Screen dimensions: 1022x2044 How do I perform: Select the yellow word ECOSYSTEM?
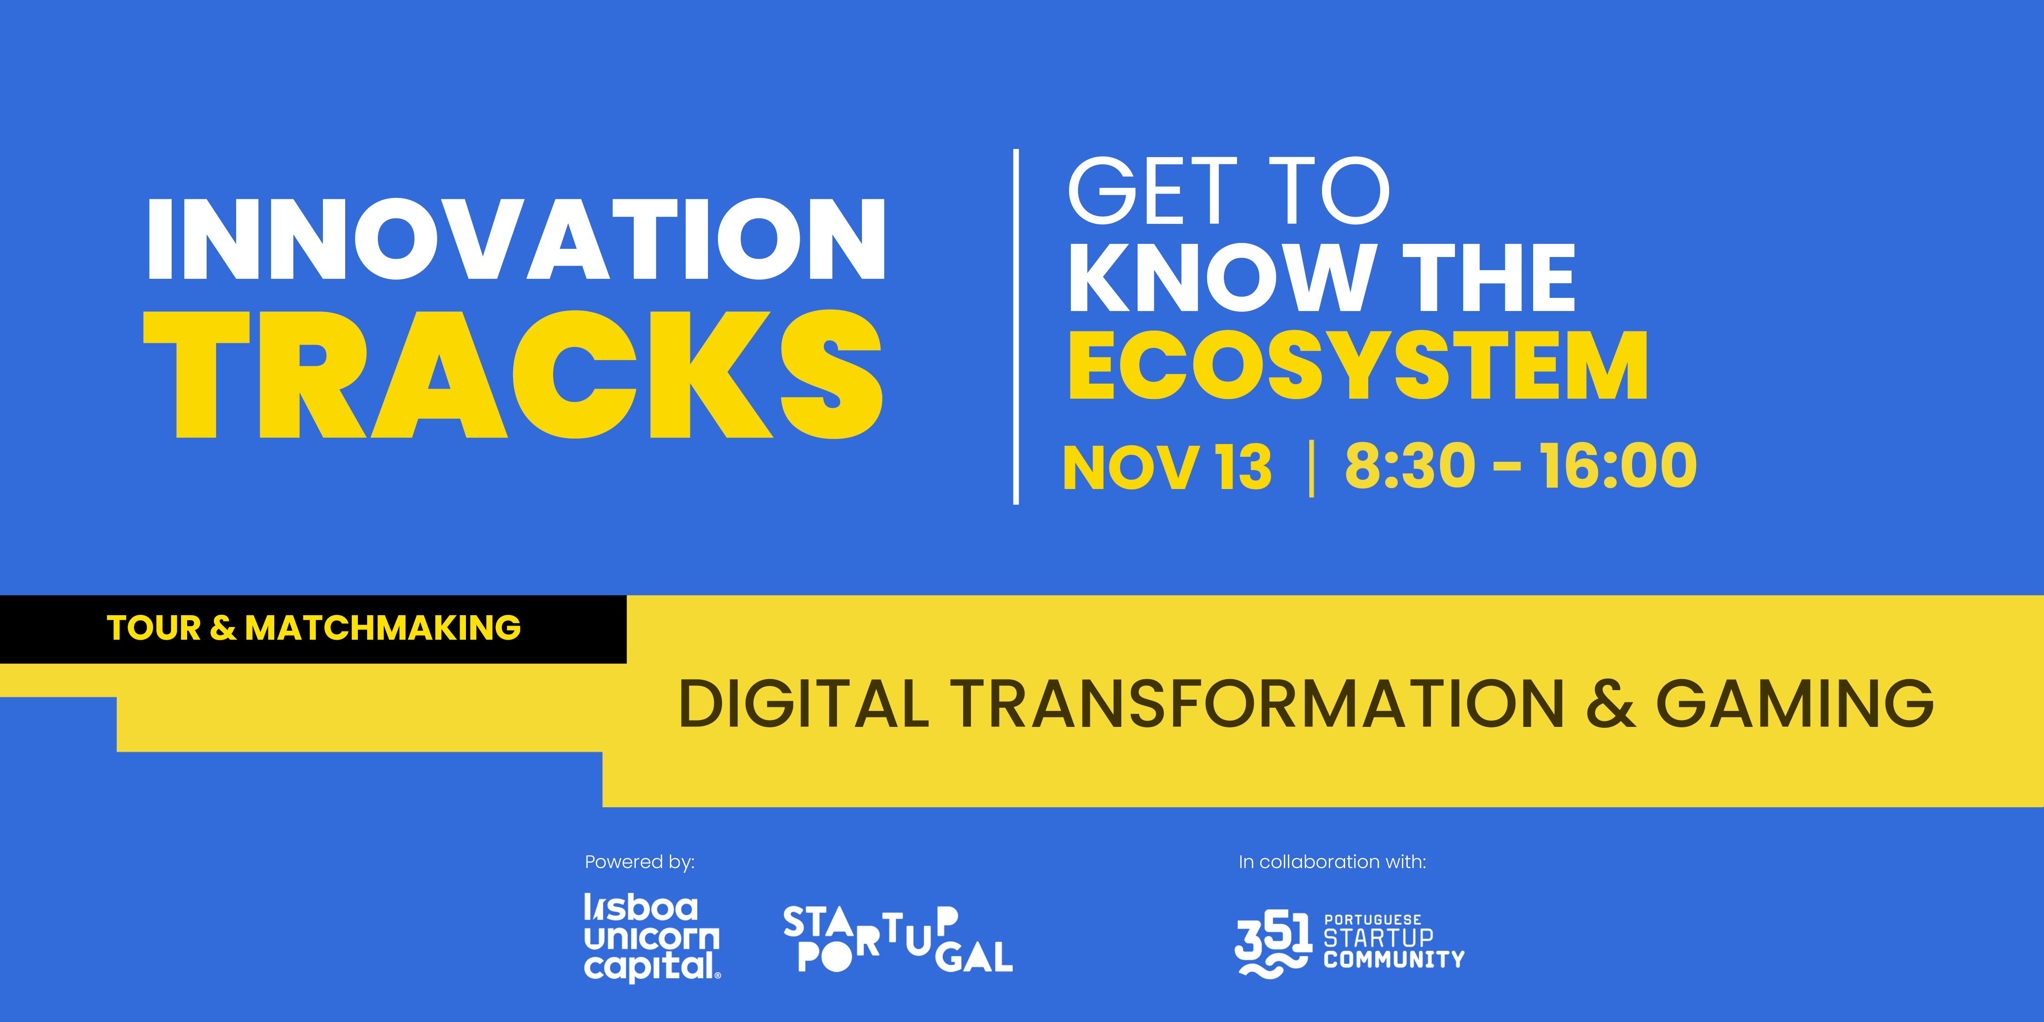[1358, 366]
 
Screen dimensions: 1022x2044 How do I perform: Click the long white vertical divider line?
[1016, 326]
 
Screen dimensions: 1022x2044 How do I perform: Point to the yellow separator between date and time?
[1311, 468]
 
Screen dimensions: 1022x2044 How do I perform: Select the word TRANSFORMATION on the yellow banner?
[1257, 704]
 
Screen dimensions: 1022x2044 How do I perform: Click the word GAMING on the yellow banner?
[1795, 704]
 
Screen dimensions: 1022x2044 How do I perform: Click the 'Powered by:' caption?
[639, 862]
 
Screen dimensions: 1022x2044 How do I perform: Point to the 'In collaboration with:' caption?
[1332, 862]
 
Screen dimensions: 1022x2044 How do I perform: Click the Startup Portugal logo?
[897, 939]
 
